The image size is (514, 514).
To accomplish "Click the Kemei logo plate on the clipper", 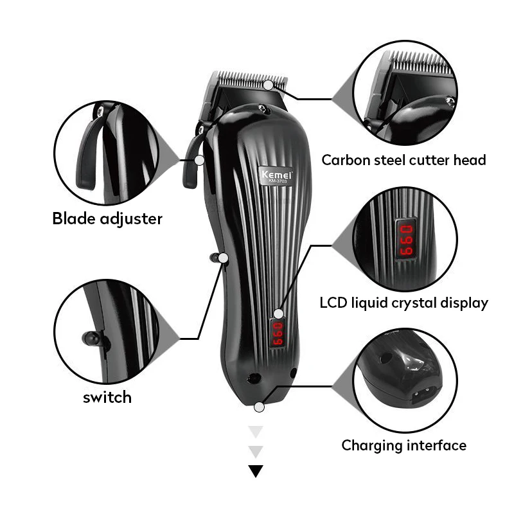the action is (x=276, y=175).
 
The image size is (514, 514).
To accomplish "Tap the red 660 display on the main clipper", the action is (x=278, y=333).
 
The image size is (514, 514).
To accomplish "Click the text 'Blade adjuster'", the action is (x=107, y=218).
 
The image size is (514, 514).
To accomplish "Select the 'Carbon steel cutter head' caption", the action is (x=403, y=160).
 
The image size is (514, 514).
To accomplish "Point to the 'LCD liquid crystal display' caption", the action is (x=404, y=303).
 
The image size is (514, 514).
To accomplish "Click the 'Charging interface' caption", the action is (x=404, y=445).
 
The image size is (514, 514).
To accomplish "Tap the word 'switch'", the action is (x=107, y=397).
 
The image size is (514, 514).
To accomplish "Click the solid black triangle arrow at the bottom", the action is (x=256, y=471).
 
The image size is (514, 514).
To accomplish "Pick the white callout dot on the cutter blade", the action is (x=269, y=85).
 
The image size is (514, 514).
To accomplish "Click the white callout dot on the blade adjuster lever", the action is (x=199, y=160).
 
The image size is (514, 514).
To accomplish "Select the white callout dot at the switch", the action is (x=223, y=258).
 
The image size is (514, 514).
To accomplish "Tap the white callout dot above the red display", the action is (x=278, y=314).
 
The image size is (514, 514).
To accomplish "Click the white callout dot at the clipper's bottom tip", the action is (x=259, y=407).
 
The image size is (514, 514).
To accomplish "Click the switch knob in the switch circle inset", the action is (x=91, y=339).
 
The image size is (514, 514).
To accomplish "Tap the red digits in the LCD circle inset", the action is (x=406, y=240).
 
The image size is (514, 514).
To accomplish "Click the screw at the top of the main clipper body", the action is (x=261, y=108).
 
